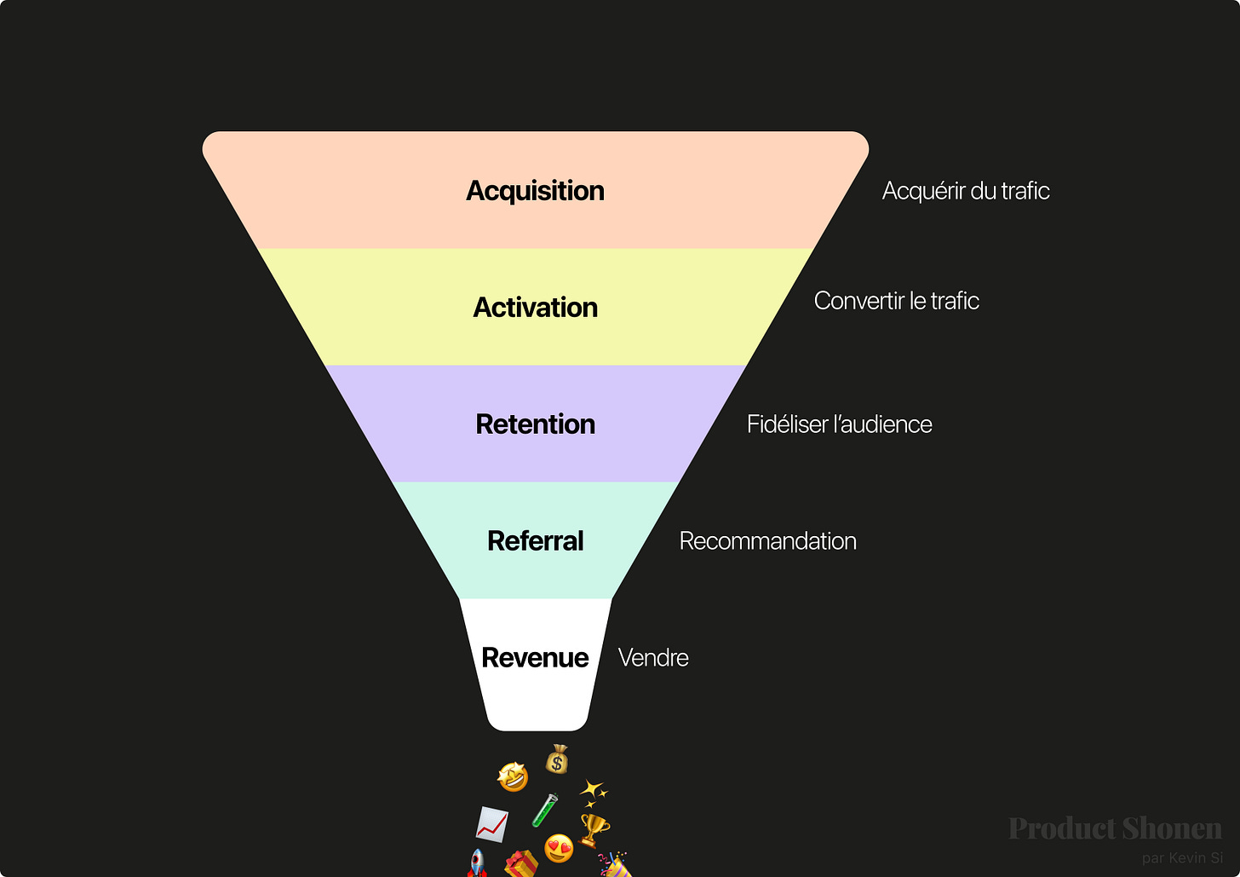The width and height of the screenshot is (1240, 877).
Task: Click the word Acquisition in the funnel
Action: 535,191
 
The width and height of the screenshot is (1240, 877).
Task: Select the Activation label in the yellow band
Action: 535,308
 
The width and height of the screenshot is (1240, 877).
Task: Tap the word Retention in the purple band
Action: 535,424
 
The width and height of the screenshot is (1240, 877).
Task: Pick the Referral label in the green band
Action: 535,541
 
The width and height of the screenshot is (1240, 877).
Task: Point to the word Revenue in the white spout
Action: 535,658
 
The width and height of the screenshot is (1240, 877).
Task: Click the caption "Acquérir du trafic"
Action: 966,191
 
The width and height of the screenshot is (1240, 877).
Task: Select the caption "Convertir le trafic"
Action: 896,301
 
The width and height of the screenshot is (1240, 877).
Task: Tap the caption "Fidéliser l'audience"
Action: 839,424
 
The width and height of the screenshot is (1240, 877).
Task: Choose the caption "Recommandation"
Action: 767,541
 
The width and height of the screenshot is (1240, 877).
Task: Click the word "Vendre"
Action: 653,658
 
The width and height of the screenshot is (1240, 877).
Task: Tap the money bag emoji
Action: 558,759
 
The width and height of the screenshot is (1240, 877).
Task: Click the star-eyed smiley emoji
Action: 513,776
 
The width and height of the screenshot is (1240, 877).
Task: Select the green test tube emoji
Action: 545,810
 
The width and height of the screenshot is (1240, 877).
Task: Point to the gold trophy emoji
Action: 594,828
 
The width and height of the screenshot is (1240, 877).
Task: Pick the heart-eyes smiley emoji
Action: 559,848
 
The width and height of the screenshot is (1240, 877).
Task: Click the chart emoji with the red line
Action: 491,823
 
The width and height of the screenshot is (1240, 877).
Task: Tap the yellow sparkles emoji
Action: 594,792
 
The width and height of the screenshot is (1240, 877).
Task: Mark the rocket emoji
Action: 477,863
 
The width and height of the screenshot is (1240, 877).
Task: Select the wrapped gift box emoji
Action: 521,864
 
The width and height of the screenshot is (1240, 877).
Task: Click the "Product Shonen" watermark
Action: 1114,828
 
